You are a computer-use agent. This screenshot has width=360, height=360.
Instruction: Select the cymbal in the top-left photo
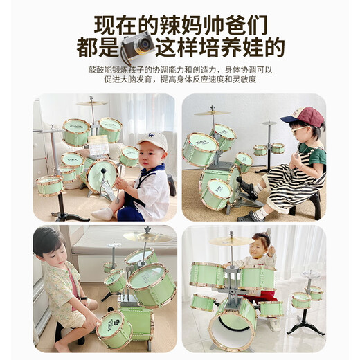(91, 103)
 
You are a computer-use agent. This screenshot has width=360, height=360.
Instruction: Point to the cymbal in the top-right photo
(212, 113)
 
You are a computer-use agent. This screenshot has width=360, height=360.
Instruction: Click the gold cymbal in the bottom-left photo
(147, 237)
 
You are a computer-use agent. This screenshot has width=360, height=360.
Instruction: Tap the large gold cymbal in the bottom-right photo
(232, 241)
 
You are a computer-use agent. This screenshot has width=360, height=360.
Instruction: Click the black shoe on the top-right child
(247, 215)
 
